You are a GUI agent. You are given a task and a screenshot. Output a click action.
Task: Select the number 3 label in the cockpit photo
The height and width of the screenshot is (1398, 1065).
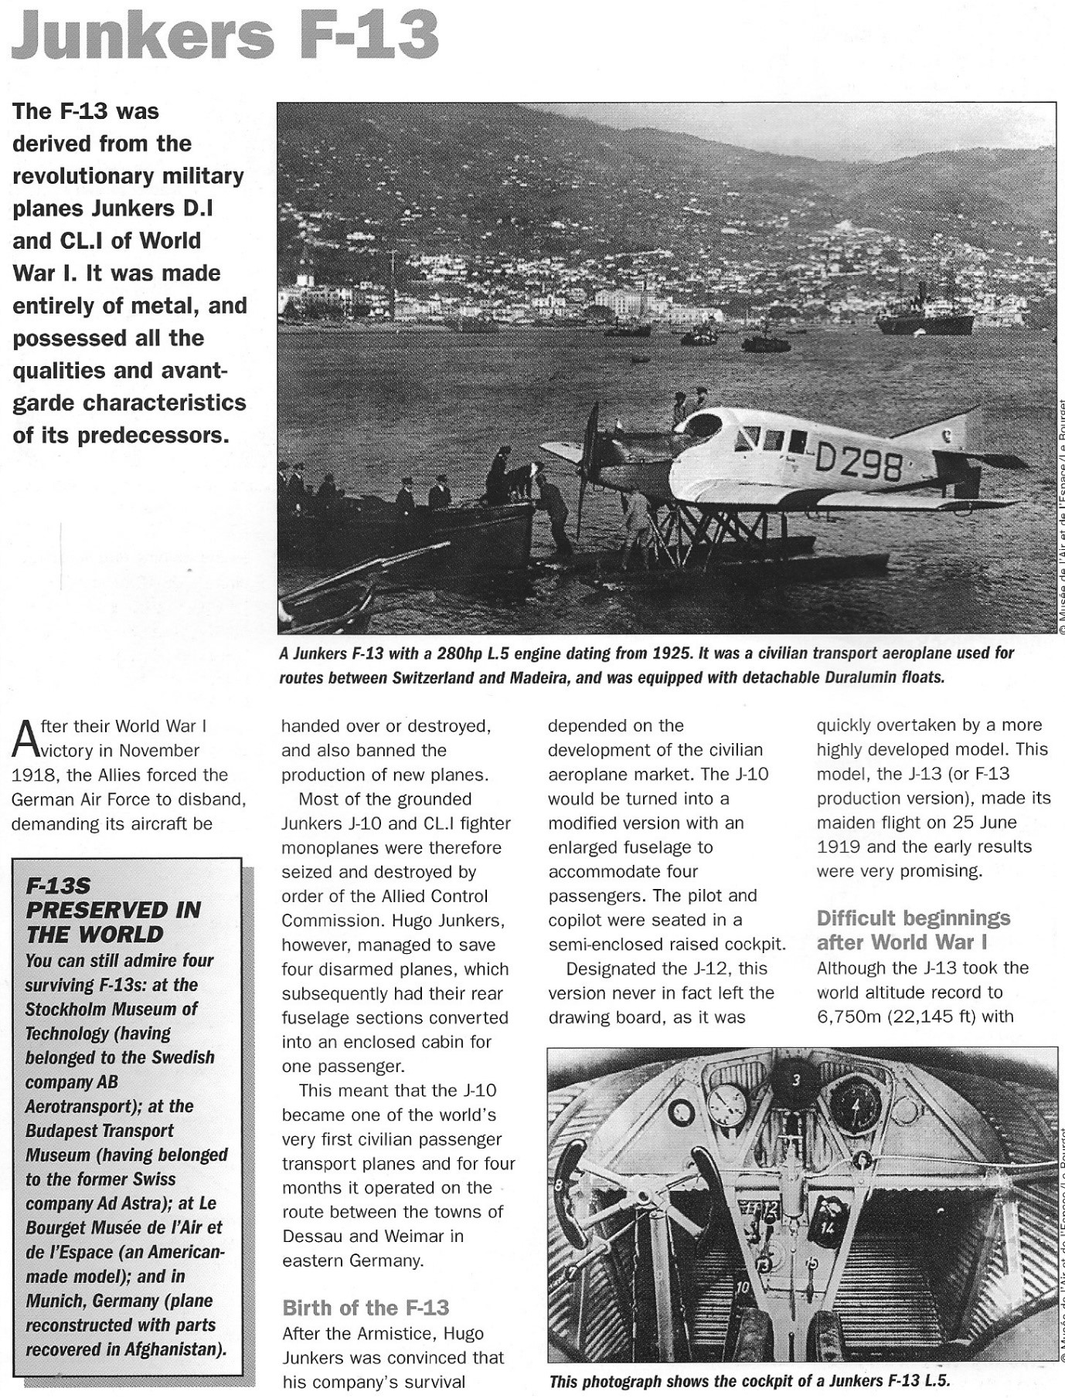796,1081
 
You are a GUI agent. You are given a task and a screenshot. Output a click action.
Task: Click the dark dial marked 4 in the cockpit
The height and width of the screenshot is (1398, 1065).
855,1104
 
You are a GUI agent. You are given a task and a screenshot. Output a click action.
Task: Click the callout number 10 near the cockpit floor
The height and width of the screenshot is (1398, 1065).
743,1287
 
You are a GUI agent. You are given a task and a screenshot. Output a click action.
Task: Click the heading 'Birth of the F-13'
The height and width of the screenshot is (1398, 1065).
365,1308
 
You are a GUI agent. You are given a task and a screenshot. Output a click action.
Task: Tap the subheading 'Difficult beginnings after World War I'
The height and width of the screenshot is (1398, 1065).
913,930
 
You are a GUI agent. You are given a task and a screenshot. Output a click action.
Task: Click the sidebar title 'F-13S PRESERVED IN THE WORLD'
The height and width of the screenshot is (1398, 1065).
113,910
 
